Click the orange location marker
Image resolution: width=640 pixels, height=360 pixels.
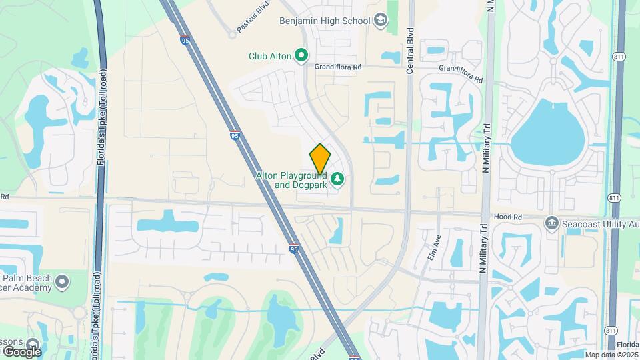point(320,159)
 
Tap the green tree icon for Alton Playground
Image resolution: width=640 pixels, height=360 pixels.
point(338,179)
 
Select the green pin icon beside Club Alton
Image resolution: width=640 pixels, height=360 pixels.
point(301,56)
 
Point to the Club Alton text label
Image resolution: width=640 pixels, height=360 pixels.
point(270,57)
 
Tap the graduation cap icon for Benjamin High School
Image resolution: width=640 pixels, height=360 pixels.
point(380,21)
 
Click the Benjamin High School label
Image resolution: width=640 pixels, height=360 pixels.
point(325,21)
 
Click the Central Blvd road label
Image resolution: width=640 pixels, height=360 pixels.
point(410,40)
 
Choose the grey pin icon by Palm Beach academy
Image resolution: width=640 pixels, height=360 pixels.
point(62,282)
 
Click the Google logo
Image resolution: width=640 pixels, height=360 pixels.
point(21,351)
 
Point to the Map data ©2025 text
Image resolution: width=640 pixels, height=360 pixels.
point(611,354)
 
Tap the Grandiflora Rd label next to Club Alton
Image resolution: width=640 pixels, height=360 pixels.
point(338,67)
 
